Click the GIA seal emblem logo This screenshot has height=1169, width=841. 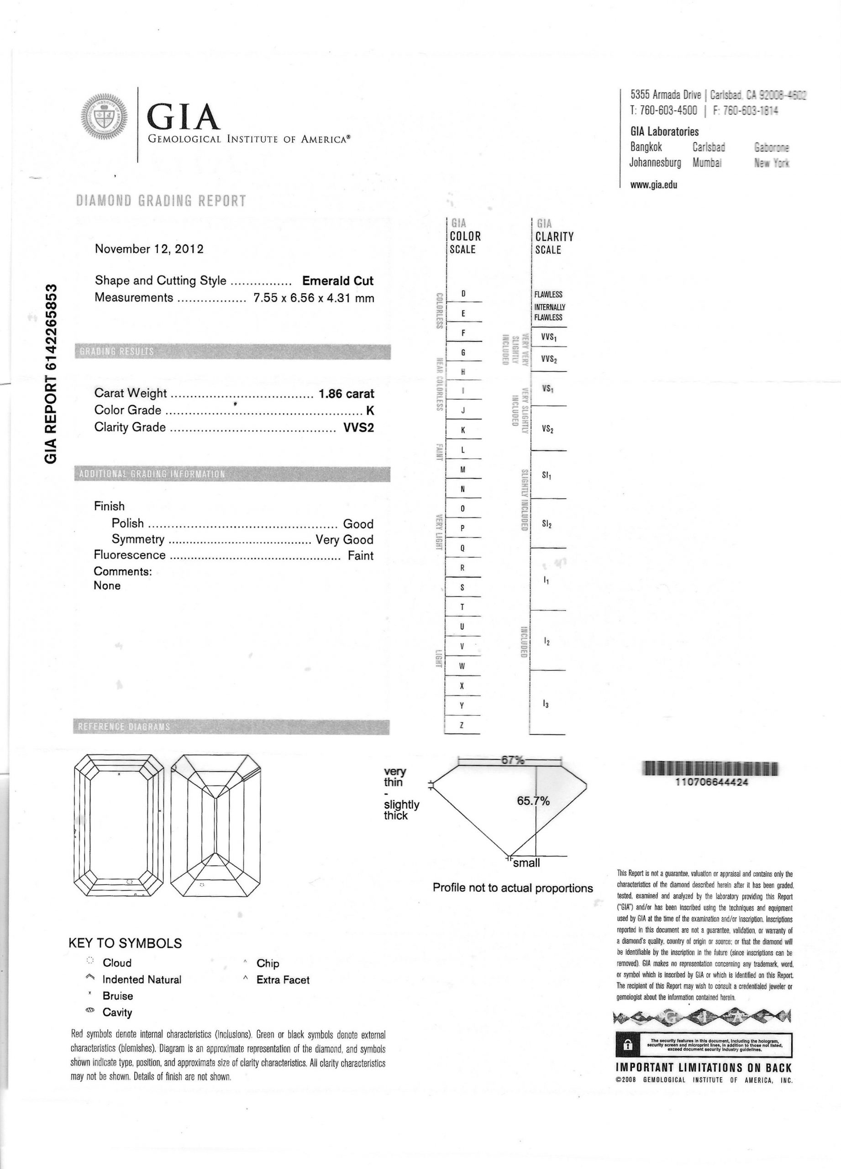(x=105, y=117)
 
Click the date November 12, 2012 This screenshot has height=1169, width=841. (x=149, y=249)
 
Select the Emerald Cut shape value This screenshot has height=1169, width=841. (x=337, y=281)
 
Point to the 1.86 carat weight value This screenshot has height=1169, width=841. (x=346, y=394)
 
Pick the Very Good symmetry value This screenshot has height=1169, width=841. (x=344, y=540)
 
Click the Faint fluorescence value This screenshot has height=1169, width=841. (x=360, y=556)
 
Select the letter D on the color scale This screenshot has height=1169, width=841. (x=463, y=294)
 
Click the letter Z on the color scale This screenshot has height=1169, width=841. (x=462, y=725)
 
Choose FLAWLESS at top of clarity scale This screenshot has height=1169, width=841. (x=548, y=295)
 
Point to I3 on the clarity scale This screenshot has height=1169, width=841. (x=546, y=704)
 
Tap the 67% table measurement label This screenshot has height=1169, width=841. (x=512, y=760)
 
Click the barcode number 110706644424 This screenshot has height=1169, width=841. (x=711, y=782)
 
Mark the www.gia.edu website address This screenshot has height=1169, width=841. (x=653, y=185)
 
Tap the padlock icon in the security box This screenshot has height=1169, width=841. (x=627, y=1045)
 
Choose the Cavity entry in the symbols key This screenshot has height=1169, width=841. (x=117, y=1013)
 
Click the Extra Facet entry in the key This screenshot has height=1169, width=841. (x=283, y=980)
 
